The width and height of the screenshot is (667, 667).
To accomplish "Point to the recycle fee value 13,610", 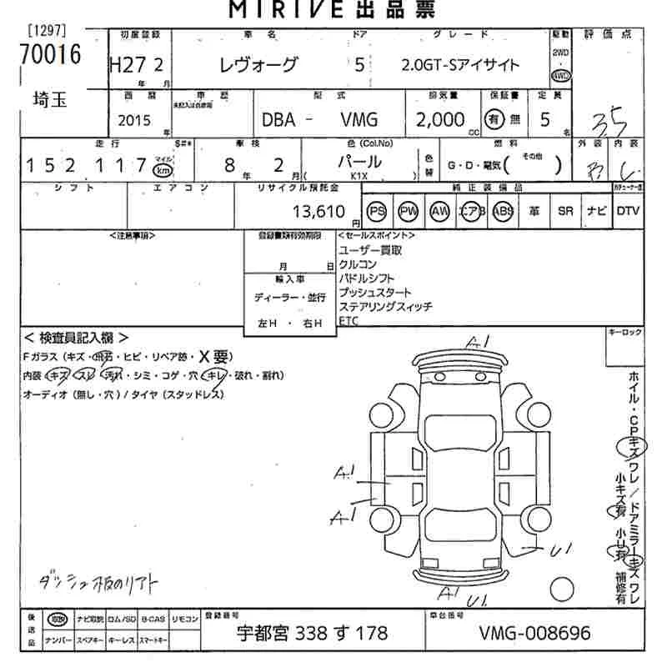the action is coord(318,212).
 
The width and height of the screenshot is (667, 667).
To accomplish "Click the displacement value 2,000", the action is coord(439,120).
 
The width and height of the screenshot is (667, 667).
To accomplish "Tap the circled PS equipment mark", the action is coord(378,211).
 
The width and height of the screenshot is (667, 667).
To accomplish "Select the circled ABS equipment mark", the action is coord(504,211).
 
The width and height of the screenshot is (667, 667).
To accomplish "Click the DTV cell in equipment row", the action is coord(628,211).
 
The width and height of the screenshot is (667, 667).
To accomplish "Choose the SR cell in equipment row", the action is coord(565,211).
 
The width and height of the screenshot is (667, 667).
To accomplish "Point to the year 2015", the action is coord(134,121).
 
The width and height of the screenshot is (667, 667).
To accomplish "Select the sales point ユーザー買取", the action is coord(370,250).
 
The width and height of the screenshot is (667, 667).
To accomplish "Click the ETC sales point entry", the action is coord(348,321).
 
